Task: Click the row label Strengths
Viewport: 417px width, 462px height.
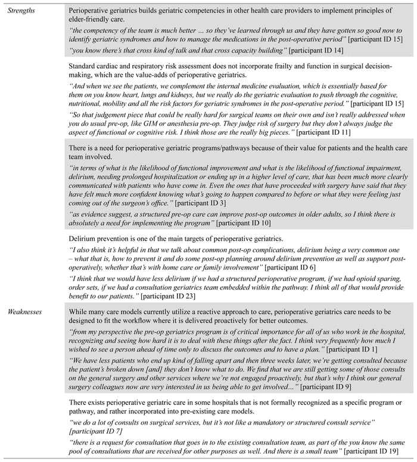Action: (x=21, y=10)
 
